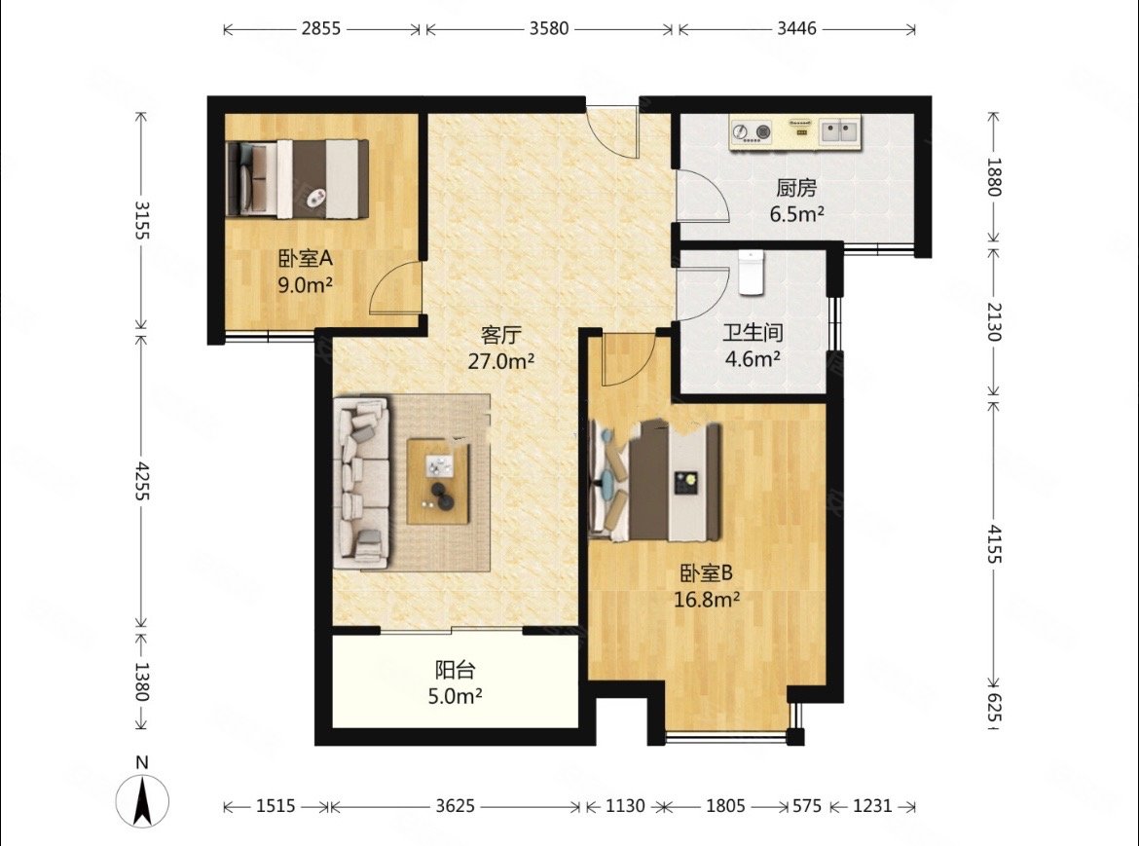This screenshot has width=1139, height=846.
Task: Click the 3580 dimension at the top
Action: coord(549,29)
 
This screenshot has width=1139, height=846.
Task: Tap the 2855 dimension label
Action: coord(321,29)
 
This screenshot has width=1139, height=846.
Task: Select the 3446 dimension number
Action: coord(797,29)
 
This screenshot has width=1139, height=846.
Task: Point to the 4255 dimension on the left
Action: coord(141,480)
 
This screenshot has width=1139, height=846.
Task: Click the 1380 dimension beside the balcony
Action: coord(141,681)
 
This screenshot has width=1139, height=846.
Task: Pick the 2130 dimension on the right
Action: coord(995,321)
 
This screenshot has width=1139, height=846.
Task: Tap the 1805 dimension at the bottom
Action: coord(725,806)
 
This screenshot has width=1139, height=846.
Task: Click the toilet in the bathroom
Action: coord(752,273)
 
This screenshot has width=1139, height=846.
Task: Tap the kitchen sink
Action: coord(840,131)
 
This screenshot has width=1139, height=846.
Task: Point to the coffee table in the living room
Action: coord(438,481)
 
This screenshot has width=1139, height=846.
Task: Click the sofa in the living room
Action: coord(362,482)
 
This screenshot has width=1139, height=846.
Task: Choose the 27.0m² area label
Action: coord(501,361)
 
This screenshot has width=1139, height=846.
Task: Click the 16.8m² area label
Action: coord(707,600)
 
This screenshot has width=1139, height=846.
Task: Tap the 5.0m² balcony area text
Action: coord(456,696)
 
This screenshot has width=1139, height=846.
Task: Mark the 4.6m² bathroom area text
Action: coord(753,358)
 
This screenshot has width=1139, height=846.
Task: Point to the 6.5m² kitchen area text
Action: coord(797,214)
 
